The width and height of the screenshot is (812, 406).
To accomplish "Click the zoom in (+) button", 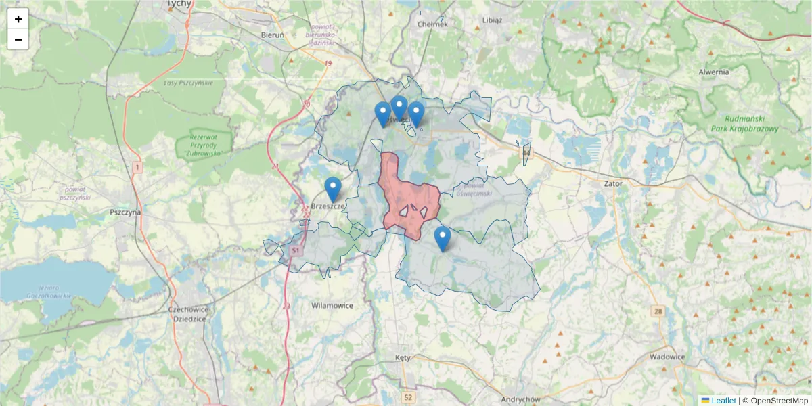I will coord(18,19).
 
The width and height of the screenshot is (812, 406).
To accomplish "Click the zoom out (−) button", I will coord(18,39).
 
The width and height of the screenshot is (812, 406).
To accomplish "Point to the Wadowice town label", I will coord(667,357).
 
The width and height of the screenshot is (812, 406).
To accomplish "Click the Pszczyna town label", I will coord(125,212).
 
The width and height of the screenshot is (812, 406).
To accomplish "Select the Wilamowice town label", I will coord(332,305).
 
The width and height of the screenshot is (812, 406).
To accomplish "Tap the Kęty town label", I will coord(402,356).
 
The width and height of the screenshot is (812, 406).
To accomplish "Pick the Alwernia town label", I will coord(715,72).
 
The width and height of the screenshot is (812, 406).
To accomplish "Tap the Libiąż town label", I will coord(492,20).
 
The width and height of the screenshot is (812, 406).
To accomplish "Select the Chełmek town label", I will coord(433,24).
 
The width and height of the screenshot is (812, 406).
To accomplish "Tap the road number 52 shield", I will coord(407,397).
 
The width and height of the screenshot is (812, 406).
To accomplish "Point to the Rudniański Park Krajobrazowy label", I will coord(746,123).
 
